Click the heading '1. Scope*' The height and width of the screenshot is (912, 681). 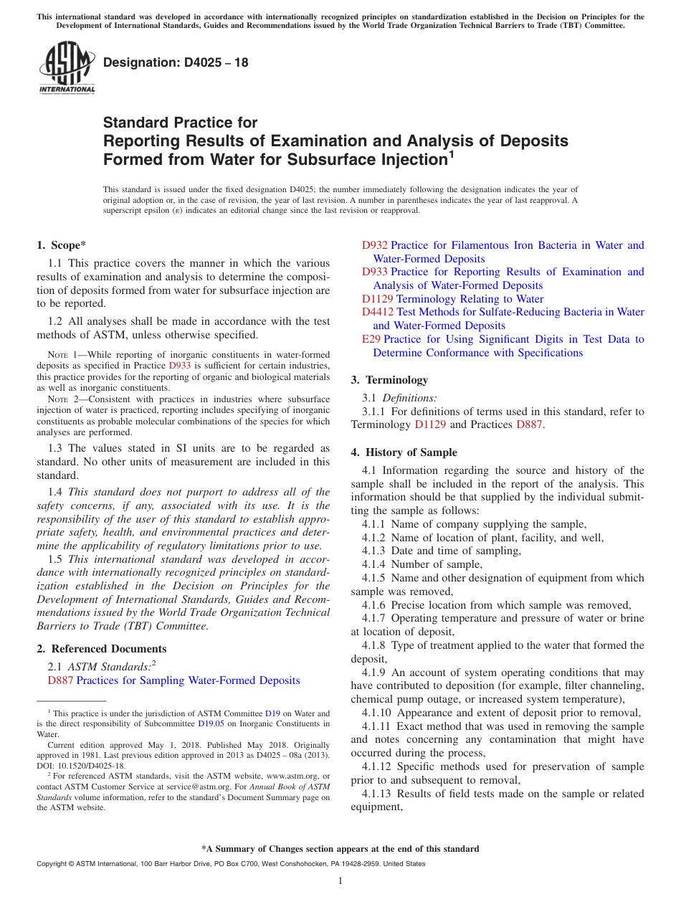pos(62,245)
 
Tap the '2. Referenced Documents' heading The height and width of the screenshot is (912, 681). pos(101,649)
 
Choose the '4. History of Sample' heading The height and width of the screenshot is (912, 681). pos(404,452)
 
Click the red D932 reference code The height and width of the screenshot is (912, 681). pos(374,245)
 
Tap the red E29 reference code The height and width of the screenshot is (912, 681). pos(371,339)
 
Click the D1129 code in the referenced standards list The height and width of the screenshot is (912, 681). pos(377,299)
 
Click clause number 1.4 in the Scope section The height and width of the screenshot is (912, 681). pos(55,492)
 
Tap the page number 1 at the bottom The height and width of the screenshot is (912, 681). pos(340,881)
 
